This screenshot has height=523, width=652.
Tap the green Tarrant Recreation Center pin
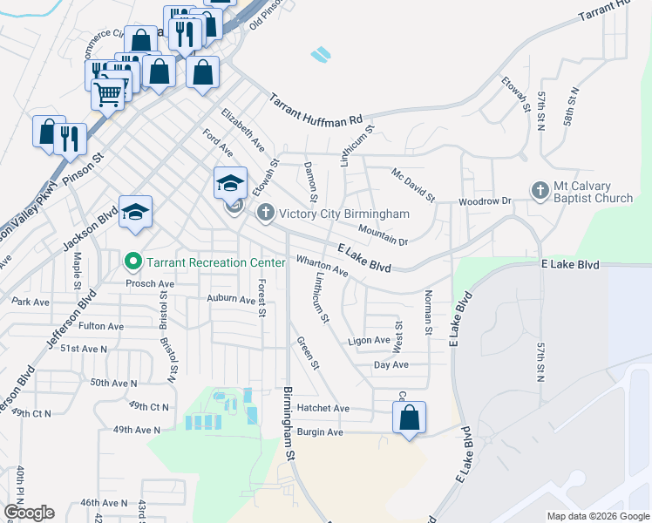[132, 261]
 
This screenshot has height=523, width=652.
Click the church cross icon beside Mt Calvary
[540, 190]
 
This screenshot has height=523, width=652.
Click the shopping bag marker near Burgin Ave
[409, 419]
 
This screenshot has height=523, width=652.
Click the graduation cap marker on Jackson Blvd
[135, 212]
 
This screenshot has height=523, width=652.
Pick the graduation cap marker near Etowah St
[230, 183]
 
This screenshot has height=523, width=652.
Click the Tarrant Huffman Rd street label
[315, 110]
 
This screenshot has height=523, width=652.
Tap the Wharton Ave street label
[323, 266]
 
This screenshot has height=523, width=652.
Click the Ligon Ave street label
[369, 340]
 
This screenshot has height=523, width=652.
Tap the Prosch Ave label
[151, 284]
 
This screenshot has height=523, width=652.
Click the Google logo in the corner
[29, 513]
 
